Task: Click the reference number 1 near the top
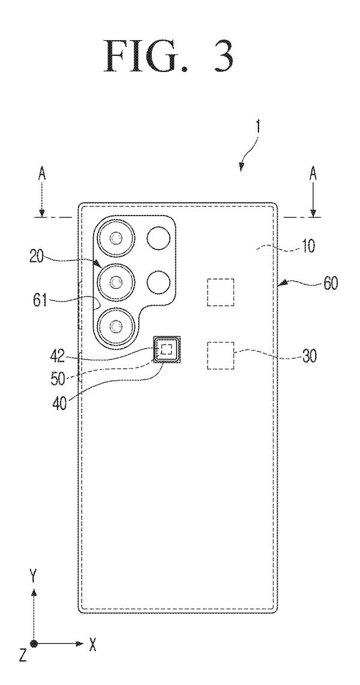tap(259, 127)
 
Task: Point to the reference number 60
tap(331, 284)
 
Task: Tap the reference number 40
tap(60, 402)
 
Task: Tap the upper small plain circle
tap(158, 238)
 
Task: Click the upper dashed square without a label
tap(220, 292)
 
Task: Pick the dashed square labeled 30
tap(220, 355)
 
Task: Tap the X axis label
tap(92, 644)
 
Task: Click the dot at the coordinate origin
tap(34, 644)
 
